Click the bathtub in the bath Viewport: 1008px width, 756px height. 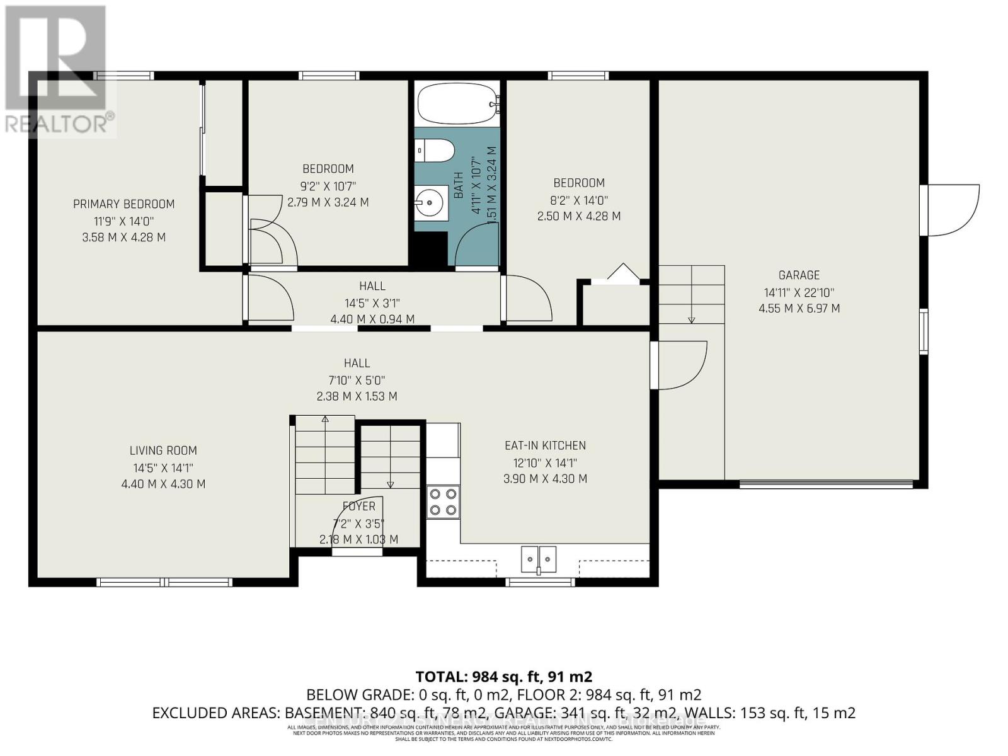(x=457, y=105)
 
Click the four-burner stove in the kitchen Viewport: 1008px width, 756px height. (x=443, y=502)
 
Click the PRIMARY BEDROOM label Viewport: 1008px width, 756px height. (x=123, y=204)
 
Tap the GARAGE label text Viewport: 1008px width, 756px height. (x=799, y=275)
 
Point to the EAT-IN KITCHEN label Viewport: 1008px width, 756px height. (x=545, y=445)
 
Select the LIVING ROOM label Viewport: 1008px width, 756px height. (x=163, y=450)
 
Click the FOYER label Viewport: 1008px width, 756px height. (x=358, y=506)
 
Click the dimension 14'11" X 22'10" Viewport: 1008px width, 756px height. (x=799, y=292)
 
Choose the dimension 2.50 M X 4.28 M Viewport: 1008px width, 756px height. (x=578, y=216)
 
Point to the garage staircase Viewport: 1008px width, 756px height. (x=691, y=294)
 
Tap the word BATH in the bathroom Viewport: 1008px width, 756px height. (x=459, y=186)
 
